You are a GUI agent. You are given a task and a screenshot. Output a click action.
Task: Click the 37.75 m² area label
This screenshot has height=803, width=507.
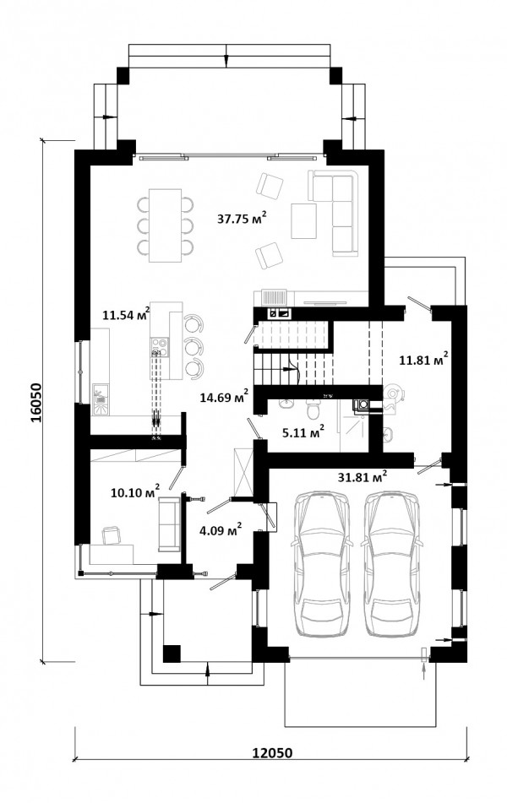tap(242, 220)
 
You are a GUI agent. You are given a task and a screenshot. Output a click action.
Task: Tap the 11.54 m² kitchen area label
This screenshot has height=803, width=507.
tap(126, 313)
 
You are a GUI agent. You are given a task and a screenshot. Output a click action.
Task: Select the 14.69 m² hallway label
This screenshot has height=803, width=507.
tap(225, 396)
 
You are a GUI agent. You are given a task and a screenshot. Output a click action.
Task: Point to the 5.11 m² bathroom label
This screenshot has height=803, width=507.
tap(303, 432)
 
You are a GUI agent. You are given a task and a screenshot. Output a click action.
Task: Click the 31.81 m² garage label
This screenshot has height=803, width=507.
tap(363, 477)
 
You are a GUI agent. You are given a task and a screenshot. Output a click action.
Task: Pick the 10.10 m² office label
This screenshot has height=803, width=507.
tap(135, 492)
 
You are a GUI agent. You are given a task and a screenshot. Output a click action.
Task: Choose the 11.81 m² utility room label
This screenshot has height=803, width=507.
tap(424, 360)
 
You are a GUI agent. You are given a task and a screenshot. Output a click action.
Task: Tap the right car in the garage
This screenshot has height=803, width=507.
tap(391, 564)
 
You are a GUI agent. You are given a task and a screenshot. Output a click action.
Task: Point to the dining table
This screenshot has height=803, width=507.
tap(165, 225)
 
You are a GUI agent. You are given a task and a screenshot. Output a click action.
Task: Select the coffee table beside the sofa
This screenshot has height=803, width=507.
tap(304, 220)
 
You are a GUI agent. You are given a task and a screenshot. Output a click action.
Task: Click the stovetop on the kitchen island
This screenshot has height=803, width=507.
tap(160, 346)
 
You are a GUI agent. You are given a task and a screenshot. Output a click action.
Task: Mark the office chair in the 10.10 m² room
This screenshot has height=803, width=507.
tap(112, 535)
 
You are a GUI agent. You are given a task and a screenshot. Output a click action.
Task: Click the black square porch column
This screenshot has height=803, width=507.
tap(172, 654)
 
